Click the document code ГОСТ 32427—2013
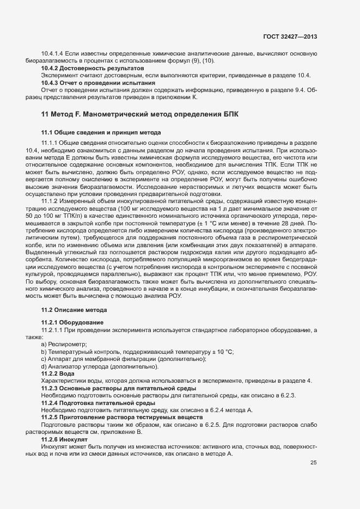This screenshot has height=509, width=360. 289,36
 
